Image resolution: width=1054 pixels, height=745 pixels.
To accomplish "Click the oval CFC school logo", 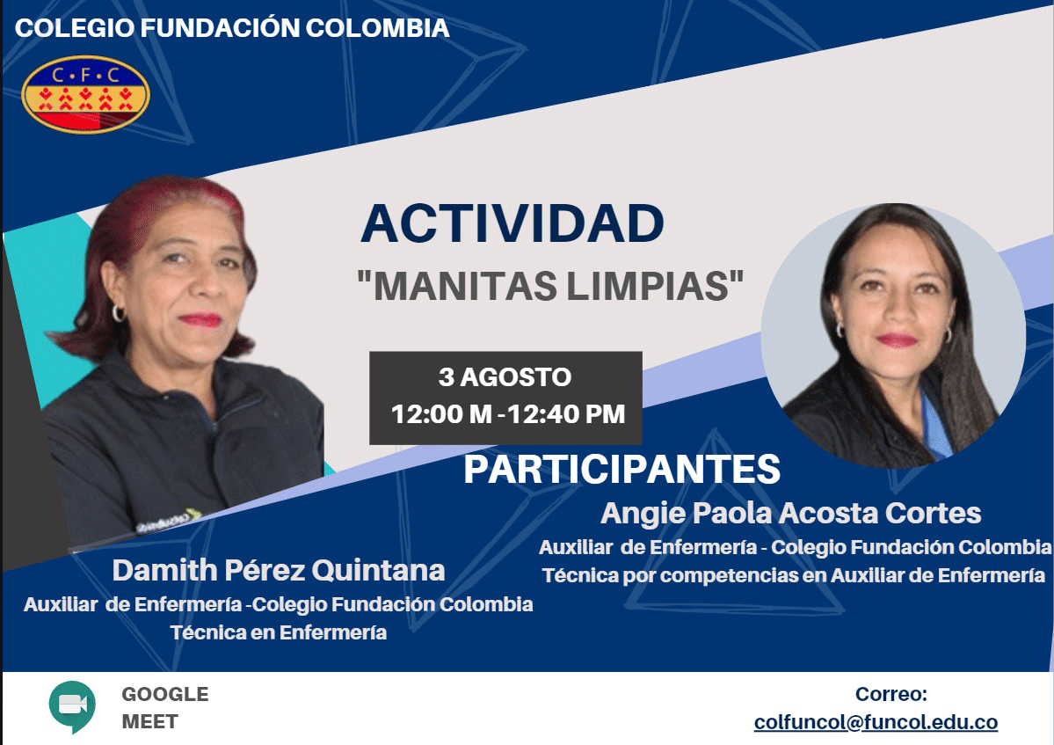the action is click(85, 94).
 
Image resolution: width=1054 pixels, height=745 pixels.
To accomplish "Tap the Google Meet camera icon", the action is click(72, 706).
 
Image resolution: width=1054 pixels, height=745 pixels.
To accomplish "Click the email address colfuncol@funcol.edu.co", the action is click(876, 722).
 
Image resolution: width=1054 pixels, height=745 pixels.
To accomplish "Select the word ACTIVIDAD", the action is click(512, 223).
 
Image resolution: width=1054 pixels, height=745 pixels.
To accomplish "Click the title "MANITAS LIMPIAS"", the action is click(550, 286).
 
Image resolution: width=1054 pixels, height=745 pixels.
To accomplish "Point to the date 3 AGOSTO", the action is click(505, 376).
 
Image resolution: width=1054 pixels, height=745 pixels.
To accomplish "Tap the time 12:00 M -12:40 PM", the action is click(508, 414).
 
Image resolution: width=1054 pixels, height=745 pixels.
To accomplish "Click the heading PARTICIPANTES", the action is click(621, 470).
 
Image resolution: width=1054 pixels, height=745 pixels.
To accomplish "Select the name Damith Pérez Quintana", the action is click(279, 571).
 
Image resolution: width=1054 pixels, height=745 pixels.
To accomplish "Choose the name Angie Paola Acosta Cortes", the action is click(790, 513).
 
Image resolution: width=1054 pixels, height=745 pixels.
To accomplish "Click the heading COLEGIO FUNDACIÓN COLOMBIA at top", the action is click(232, 27).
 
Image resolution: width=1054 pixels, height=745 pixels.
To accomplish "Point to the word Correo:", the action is click(891, 694).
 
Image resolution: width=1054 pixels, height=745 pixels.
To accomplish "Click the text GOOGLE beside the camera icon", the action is click(165, 694).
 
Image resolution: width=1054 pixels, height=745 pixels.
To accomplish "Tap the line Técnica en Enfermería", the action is click(279, 632).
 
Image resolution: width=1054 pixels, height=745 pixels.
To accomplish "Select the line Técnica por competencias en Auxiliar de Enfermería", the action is click(794, 575).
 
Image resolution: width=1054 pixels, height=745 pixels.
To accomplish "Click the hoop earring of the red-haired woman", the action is click(119, 312).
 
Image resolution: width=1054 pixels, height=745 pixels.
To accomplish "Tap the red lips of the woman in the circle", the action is click(898, 340).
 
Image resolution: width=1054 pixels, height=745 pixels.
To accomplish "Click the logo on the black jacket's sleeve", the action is click(168, 521).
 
